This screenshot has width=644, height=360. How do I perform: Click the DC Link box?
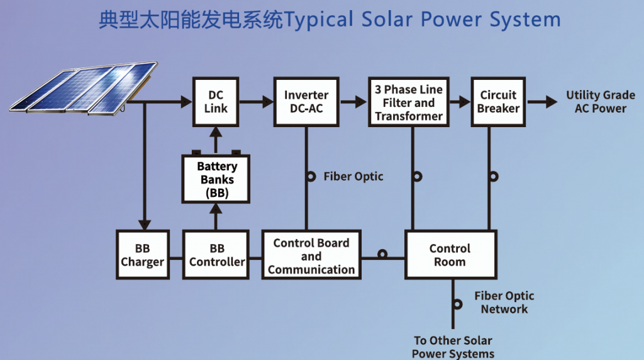[216, 101]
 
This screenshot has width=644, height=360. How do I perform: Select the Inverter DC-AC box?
[306, 101]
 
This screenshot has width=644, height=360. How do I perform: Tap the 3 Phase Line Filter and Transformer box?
[409, 101]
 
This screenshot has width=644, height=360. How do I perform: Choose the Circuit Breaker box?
[498, 101]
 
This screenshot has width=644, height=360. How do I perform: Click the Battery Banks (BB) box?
[216, 179]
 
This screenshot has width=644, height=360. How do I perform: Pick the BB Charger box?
[143, 255]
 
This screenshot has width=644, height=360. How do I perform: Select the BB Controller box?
[216, 255]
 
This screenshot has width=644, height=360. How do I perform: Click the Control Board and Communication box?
[311, 255]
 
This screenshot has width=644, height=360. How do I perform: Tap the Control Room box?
[450, 255]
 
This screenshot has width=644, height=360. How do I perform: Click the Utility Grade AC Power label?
[601, 101]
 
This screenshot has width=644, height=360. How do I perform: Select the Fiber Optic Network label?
[504, 302]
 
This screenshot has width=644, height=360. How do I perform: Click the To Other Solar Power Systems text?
[453, 347]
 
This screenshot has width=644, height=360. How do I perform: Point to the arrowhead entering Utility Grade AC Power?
[552, 101]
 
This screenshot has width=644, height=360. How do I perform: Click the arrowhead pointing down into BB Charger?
[144, 225]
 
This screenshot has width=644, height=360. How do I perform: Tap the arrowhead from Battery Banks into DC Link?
[216, 132]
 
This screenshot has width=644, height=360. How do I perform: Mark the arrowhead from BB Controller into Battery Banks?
[216, 209]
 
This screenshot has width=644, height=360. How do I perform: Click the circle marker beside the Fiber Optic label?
[311, 177]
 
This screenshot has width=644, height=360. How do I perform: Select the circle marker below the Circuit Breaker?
[494, 177]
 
